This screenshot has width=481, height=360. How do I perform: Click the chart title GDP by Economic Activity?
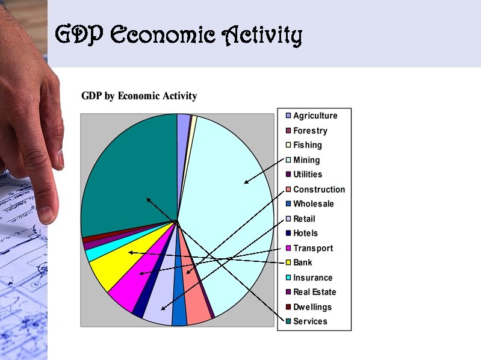click(139, 96)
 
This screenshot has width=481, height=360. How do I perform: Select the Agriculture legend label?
click(315, 116)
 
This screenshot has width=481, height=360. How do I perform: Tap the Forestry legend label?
click(310, 131)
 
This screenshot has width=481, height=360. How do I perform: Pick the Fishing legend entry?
click(307, 145)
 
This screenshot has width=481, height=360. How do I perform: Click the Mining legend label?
click(306, 160)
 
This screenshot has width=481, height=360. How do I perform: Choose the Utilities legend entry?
click(308, 175)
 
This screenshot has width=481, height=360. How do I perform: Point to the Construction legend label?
click(319, 190)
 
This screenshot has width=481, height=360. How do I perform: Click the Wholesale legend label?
click(313, 204)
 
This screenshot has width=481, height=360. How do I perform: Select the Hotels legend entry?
click(305, 234)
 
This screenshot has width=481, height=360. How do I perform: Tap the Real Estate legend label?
click(314, 293)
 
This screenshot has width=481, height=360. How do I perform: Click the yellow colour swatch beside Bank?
click(288, 263)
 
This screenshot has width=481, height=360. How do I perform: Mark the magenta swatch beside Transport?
click(288, 248)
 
